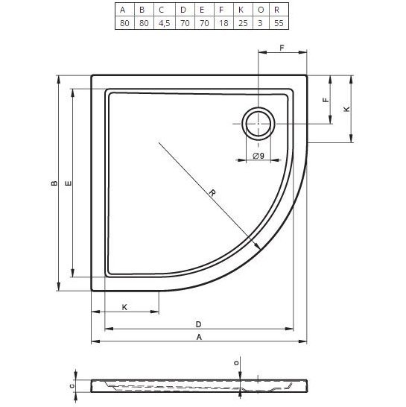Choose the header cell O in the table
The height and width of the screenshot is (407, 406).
click(260, 10)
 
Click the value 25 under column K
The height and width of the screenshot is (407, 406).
click(240, 23)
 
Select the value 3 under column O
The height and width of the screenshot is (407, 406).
click(260, 23)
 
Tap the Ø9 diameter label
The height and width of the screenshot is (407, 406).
click(258, 155)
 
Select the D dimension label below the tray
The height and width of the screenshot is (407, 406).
click(198, 324)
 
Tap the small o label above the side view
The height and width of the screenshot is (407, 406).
click(237, 362)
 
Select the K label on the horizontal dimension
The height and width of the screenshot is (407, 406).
click(124, 307)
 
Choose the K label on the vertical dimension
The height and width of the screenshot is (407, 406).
click(346, 109)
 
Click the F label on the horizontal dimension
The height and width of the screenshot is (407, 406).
click(282, 48)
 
